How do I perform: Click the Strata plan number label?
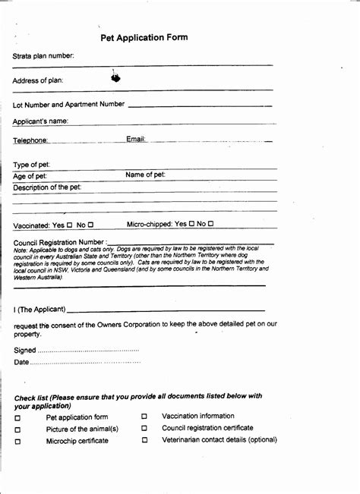click(43, 56)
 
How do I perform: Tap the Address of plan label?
click(38, 80)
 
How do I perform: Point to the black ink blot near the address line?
click(115, 77)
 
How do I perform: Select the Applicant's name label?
click(41, 121)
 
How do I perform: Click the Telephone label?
click(31, 140)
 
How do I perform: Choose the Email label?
click(136, 139)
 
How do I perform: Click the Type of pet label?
click(32, 165)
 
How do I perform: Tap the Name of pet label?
click(145, 175)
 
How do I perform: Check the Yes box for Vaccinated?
click(70, 225)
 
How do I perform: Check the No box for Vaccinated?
click(90, 225)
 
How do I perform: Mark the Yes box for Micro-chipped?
click(191, 224)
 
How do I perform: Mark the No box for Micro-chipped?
click(211, 224)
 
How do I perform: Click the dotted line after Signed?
click(88, 350)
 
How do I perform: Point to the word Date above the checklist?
click(22, 362)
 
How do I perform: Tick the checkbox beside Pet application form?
click(18, 418)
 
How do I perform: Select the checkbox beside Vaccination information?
click(144, 417)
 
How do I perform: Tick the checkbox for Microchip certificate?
click(18, 442)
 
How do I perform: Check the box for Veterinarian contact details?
click(144, 440)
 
